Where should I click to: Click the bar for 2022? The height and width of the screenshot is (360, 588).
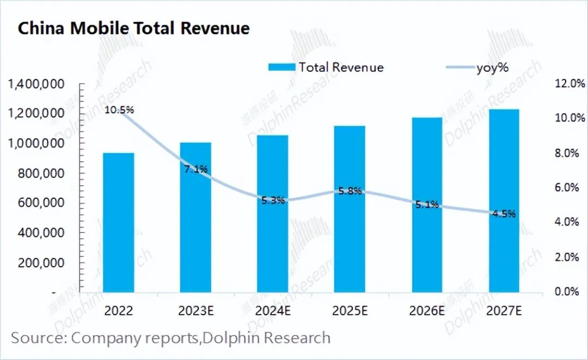pyautogui.click(x=118, y=222)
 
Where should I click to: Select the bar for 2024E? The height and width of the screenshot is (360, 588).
pyautogui.click(x=273, y=213)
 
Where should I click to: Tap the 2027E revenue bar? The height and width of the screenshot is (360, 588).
pyautogui.click(x=504, y=200)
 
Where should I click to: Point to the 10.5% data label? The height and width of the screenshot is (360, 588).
pyautogui.click(x=119, y=110)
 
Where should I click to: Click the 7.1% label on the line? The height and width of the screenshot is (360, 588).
pyautogui.click(x=195, y=169)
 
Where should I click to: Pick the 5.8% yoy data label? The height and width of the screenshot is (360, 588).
pyautogui.click(x=350, y=191)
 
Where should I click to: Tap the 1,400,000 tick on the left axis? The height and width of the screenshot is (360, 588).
pyautogui.click(x=36, y=84)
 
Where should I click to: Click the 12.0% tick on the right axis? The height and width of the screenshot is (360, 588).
pyautogui.click(x=570, y=84)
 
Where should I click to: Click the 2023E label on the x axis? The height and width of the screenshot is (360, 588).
pyautogui.click(x=196, y=310)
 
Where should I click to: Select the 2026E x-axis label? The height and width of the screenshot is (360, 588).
pyautogui.click(x=427, y=310)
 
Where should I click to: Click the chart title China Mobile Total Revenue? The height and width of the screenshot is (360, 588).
pyautogui.click(x=134, y=28)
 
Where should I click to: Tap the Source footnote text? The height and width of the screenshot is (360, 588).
pyautogui.click(x=170, y=338)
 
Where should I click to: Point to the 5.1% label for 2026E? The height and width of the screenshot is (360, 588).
pyautogui.click(x=426, y=205)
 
